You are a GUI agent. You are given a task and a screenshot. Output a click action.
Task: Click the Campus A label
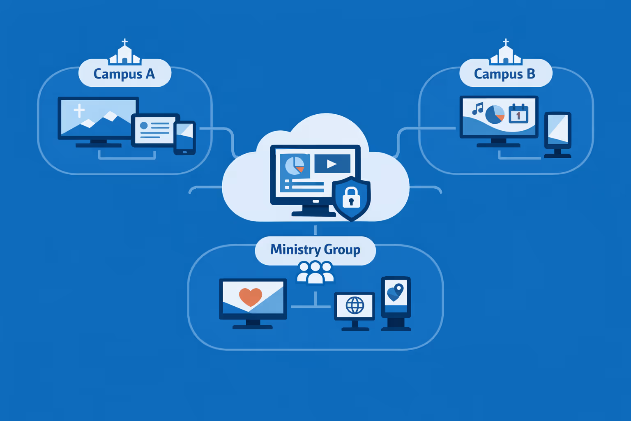[124, 74]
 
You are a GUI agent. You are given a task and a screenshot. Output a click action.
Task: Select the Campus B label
[505, 74]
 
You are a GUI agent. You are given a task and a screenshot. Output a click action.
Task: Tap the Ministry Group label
[315, 250]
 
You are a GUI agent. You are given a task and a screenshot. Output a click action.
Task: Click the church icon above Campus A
[124, 53]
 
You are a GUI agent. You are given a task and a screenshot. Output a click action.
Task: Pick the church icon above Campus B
[506, 53]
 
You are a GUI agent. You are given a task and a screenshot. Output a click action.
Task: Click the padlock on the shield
[351, 197]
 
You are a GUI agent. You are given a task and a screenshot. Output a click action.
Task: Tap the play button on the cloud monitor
[332, 164]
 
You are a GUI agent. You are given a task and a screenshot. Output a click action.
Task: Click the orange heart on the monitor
[251, 296]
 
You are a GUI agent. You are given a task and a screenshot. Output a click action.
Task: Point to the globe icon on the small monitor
[355, 305]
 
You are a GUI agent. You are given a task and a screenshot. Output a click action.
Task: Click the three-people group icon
[315, 273]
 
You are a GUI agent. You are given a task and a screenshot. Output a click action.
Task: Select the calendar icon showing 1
[518, 114]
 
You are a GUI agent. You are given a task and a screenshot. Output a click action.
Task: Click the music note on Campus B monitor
[477, 109]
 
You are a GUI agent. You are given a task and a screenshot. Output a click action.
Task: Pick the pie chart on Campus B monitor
[495, 114]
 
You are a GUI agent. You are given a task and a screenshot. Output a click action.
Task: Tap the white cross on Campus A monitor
[79, 111]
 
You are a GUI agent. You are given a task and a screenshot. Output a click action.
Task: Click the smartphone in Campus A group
[184, 138]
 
